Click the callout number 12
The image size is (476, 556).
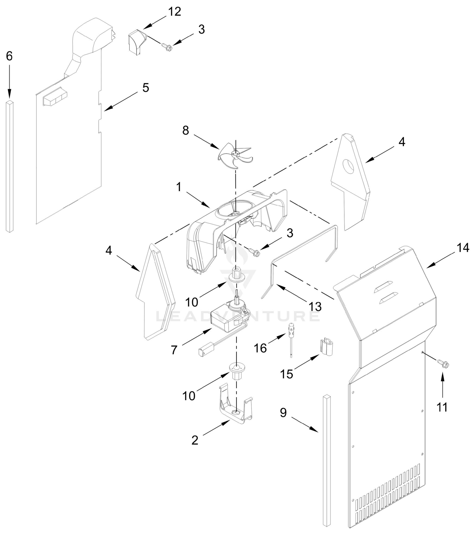pos(175,12)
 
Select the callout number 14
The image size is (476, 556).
pos(463,248)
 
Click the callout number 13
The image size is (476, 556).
pos(315,306)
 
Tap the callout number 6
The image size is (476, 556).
pos(9,56)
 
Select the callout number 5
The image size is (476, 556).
pos(146,88)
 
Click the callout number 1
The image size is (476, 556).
pos(179,187)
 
